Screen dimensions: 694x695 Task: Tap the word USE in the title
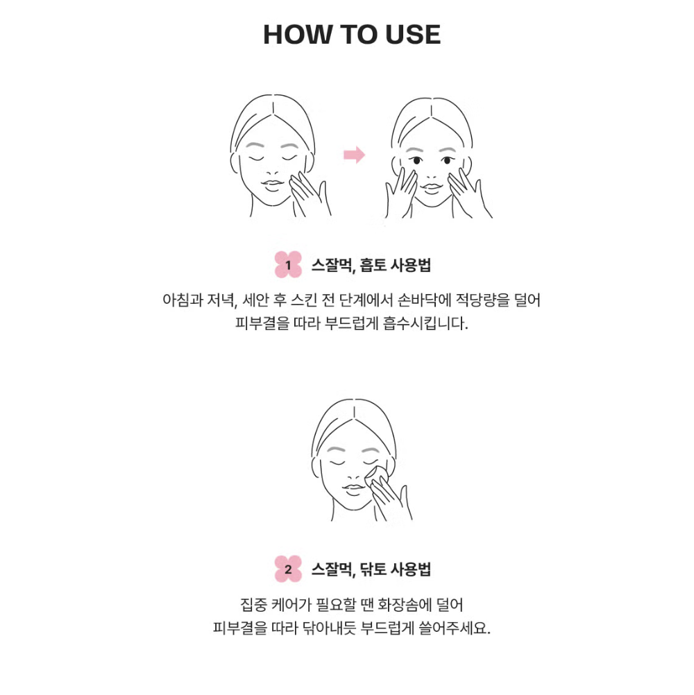coord(413,35)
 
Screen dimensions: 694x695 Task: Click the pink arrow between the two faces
coord(355,155)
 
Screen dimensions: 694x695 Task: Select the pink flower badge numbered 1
coord(288,265)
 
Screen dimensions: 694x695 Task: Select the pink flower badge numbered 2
coord(288,569)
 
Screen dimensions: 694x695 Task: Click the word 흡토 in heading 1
coord(373,265)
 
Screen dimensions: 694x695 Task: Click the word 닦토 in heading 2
coord(373,569)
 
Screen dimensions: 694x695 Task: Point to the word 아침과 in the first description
coord(183,300)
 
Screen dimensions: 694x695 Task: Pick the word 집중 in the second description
coord(253,604)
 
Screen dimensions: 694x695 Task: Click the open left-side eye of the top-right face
coord(416,160)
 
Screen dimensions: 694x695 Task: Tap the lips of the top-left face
coord(272,185)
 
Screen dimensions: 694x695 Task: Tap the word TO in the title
coord(359,35)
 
